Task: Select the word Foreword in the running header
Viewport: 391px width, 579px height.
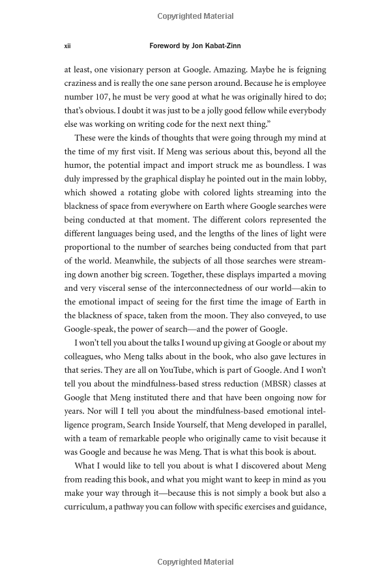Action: tap(164, 46)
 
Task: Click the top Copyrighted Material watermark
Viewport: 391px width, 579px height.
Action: tap(195, 16)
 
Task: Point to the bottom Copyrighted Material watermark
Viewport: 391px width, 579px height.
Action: tap(195, 561)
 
